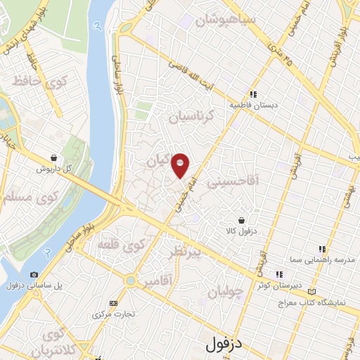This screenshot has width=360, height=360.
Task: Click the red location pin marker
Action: [x=181, y=165]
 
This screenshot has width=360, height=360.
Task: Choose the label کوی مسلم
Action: [x=23, y=195]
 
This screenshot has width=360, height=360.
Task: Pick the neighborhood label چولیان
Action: [x=227, y=290]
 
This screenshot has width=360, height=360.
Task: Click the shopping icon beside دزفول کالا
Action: [x=241, y=219]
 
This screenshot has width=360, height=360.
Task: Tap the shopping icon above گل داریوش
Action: [x=54, y=157]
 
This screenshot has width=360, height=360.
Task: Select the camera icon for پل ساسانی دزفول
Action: [x=34, y=274]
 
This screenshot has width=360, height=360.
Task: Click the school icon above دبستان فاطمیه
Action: [x=252, y=94]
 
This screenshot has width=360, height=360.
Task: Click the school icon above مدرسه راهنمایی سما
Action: [x=321, y=249]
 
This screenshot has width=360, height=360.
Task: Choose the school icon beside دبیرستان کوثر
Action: [x=278, y=275]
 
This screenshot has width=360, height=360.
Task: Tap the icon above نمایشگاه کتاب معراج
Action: [x=312, y=291]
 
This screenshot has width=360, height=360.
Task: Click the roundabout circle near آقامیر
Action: [x=130, y=281]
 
